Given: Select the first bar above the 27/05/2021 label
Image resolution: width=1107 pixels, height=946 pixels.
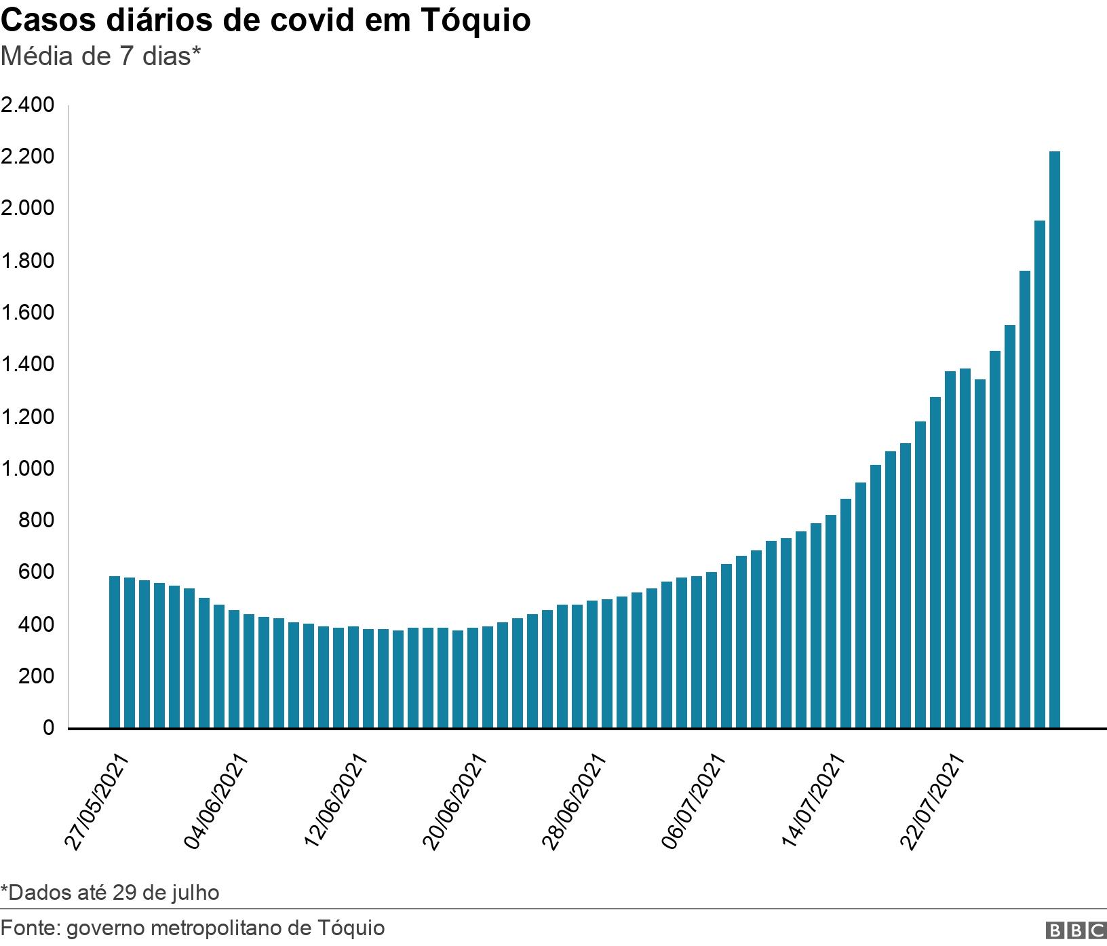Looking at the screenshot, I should [x=115, y=651].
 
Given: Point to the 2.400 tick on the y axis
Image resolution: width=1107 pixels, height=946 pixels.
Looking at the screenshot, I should [x=27, y=105].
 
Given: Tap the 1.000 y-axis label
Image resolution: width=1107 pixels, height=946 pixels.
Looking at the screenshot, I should [x=27, y=469].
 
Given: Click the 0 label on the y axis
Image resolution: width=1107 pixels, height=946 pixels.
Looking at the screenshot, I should [x=47, y=728].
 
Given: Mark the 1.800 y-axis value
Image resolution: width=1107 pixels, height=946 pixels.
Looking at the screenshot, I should [x=27, y=261].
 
